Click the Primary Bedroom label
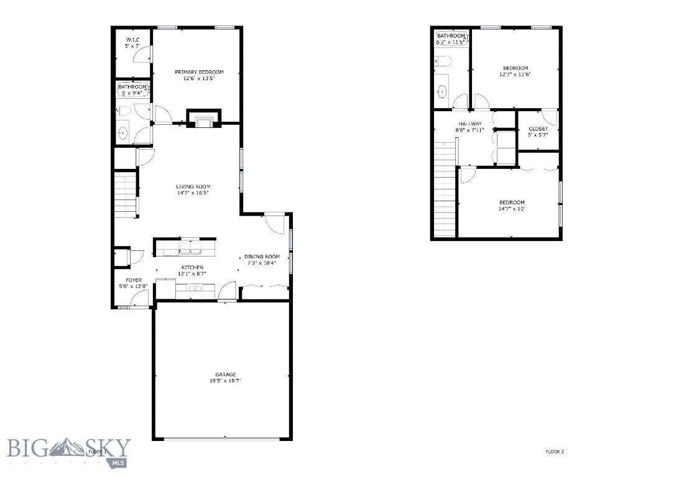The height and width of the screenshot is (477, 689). coord(199,72)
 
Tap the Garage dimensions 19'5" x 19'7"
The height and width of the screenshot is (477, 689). coord(225,381)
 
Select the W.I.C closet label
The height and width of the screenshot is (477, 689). coord(132,40)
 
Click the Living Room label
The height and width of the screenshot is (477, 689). coord(193,186)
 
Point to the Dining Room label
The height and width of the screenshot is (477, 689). coord(262,257)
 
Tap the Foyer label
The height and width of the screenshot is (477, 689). coord(134,280)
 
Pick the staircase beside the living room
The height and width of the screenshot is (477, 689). coord(126,195)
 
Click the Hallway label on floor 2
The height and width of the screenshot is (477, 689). coord(471,124)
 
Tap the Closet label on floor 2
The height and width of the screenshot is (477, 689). coord(538,129)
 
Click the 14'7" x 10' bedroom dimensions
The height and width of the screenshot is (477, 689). coord(512,209)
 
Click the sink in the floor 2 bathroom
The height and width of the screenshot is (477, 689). coord(442,92)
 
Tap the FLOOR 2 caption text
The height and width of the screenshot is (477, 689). coord(555,452)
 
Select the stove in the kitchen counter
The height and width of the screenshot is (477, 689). coord(195,288)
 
